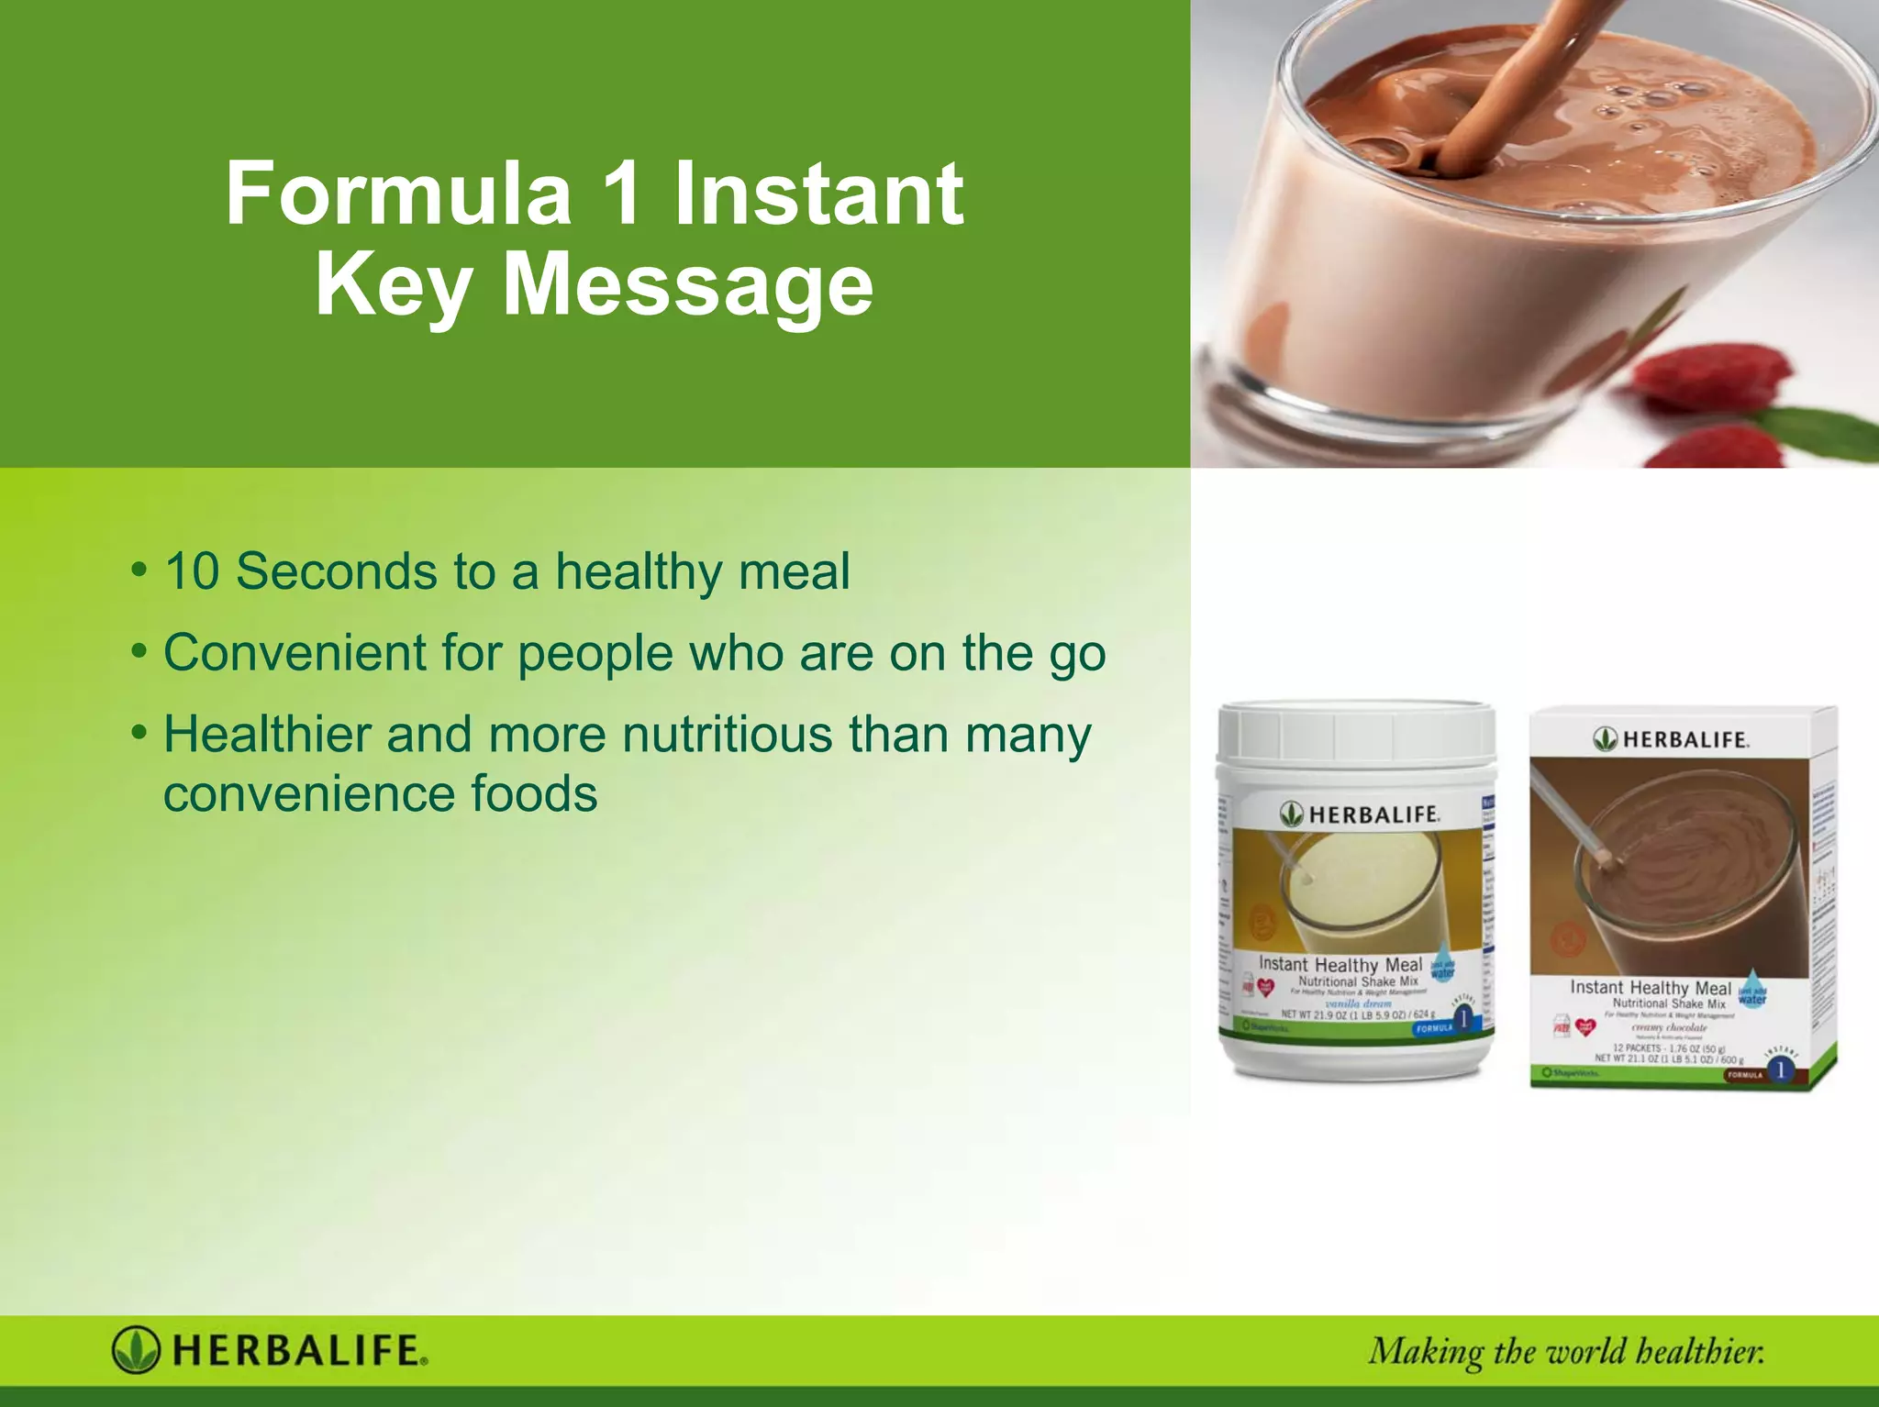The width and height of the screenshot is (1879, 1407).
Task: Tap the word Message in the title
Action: coord(688,285)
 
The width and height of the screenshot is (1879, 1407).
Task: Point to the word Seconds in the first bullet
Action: coord(336,571)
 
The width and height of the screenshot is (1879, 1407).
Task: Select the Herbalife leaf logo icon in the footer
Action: coord(136,1350)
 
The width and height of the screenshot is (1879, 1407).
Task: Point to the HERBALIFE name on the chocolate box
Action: coord(1684,739)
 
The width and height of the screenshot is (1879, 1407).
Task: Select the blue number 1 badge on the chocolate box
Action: coord(1781,1069)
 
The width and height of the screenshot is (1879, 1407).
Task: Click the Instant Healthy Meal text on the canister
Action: coord(1340,965)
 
